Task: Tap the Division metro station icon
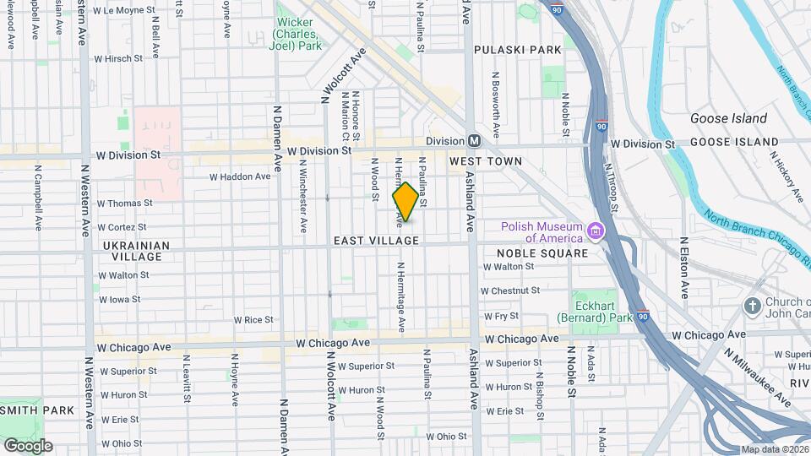474,141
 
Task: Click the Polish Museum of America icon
596,231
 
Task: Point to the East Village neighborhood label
376,241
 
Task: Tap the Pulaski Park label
517,50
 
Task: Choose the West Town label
486,160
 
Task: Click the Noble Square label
542,252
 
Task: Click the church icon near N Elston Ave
752,304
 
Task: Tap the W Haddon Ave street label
240,176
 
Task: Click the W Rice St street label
253,320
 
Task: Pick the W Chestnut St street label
509,290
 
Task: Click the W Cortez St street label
123,227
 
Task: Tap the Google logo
28,445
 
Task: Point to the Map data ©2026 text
774,449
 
